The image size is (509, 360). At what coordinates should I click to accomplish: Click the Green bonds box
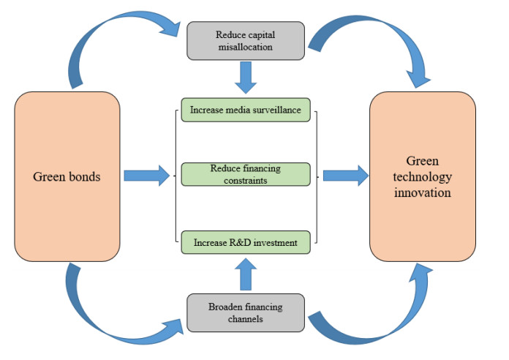point(67,176)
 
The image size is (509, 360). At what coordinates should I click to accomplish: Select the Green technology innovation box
point(422,176)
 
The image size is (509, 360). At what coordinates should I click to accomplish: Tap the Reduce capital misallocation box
point(246,41)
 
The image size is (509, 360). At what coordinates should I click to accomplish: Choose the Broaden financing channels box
point(246,312)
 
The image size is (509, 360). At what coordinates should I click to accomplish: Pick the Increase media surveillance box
point(246,111)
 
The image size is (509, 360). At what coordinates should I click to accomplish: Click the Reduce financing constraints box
point(246,174)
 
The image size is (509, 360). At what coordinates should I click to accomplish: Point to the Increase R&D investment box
point(246,241)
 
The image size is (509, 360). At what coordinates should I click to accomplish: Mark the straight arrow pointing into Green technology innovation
point(345,174)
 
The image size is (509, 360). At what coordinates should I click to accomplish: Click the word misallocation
point(246,47)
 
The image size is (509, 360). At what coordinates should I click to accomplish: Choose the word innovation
point(422,193)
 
